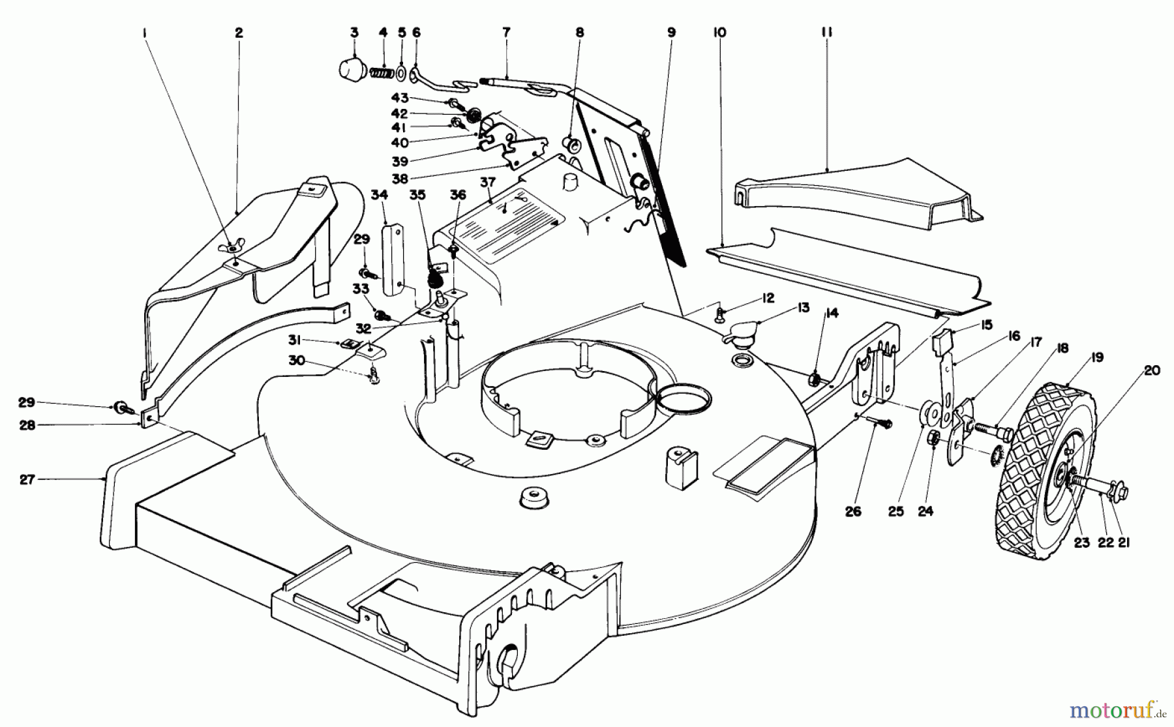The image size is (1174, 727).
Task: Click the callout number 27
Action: click(27, 479)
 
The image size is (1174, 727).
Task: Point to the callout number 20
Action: click(1152, 371)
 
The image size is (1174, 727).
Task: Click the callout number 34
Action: click(380, 194)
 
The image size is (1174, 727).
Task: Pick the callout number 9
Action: click(671, 32)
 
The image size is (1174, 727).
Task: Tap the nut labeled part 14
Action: click(814, 378)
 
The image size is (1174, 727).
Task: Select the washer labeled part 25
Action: click(930, 413)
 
